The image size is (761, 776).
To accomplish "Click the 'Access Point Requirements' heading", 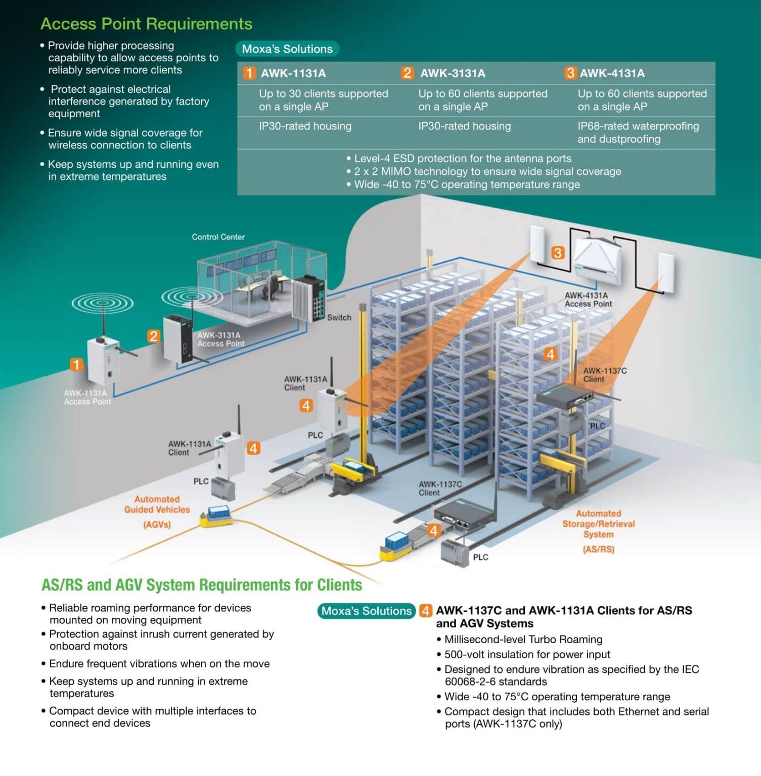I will (x=146, y=24).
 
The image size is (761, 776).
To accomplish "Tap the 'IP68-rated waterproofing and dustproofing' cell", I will (x=638, y=132).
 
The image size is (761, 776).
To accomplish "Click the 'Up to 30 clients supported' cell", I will (x=323, y=100).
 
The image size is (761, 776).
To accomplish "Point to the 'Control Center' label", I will (x=218, y=237).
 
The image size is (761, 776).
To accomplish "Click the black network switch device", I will (x=308, y=298).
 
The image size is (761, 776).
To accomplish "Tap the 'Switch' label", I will (x=339, y=317).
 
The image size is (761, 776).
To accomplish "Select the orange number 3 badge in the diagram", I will (x=558, y=253).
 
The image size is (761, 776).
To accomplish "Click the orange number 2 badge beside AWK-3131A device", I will (x=153, y=336).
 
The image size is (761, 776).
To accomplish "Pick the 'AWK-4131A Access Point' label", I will (x=588, y=300).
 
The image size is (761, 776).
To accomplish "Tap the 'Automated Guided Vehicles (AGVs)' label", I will (x=157, y=511).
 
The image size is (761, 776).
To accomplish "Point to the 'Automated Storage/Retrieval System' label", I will (x=598, y=529).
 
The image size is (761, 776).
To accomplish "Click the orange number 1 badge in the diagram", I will (x=76, y=364).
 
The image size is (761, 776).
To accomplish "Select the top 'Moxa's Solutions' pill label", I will (x=287, y=49).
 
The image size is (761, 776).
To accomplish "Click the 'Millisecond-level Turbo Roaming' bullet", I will (x=523, y=640).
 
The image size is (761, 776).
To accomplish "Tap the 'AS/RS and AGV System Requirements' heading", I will (x=202, y=585).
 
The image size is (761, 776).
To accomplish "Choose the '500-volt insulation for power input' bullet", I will (x=527, y=655).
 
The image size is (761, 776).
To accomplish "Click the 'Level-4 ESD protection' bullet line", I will (x=463, y=159).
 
